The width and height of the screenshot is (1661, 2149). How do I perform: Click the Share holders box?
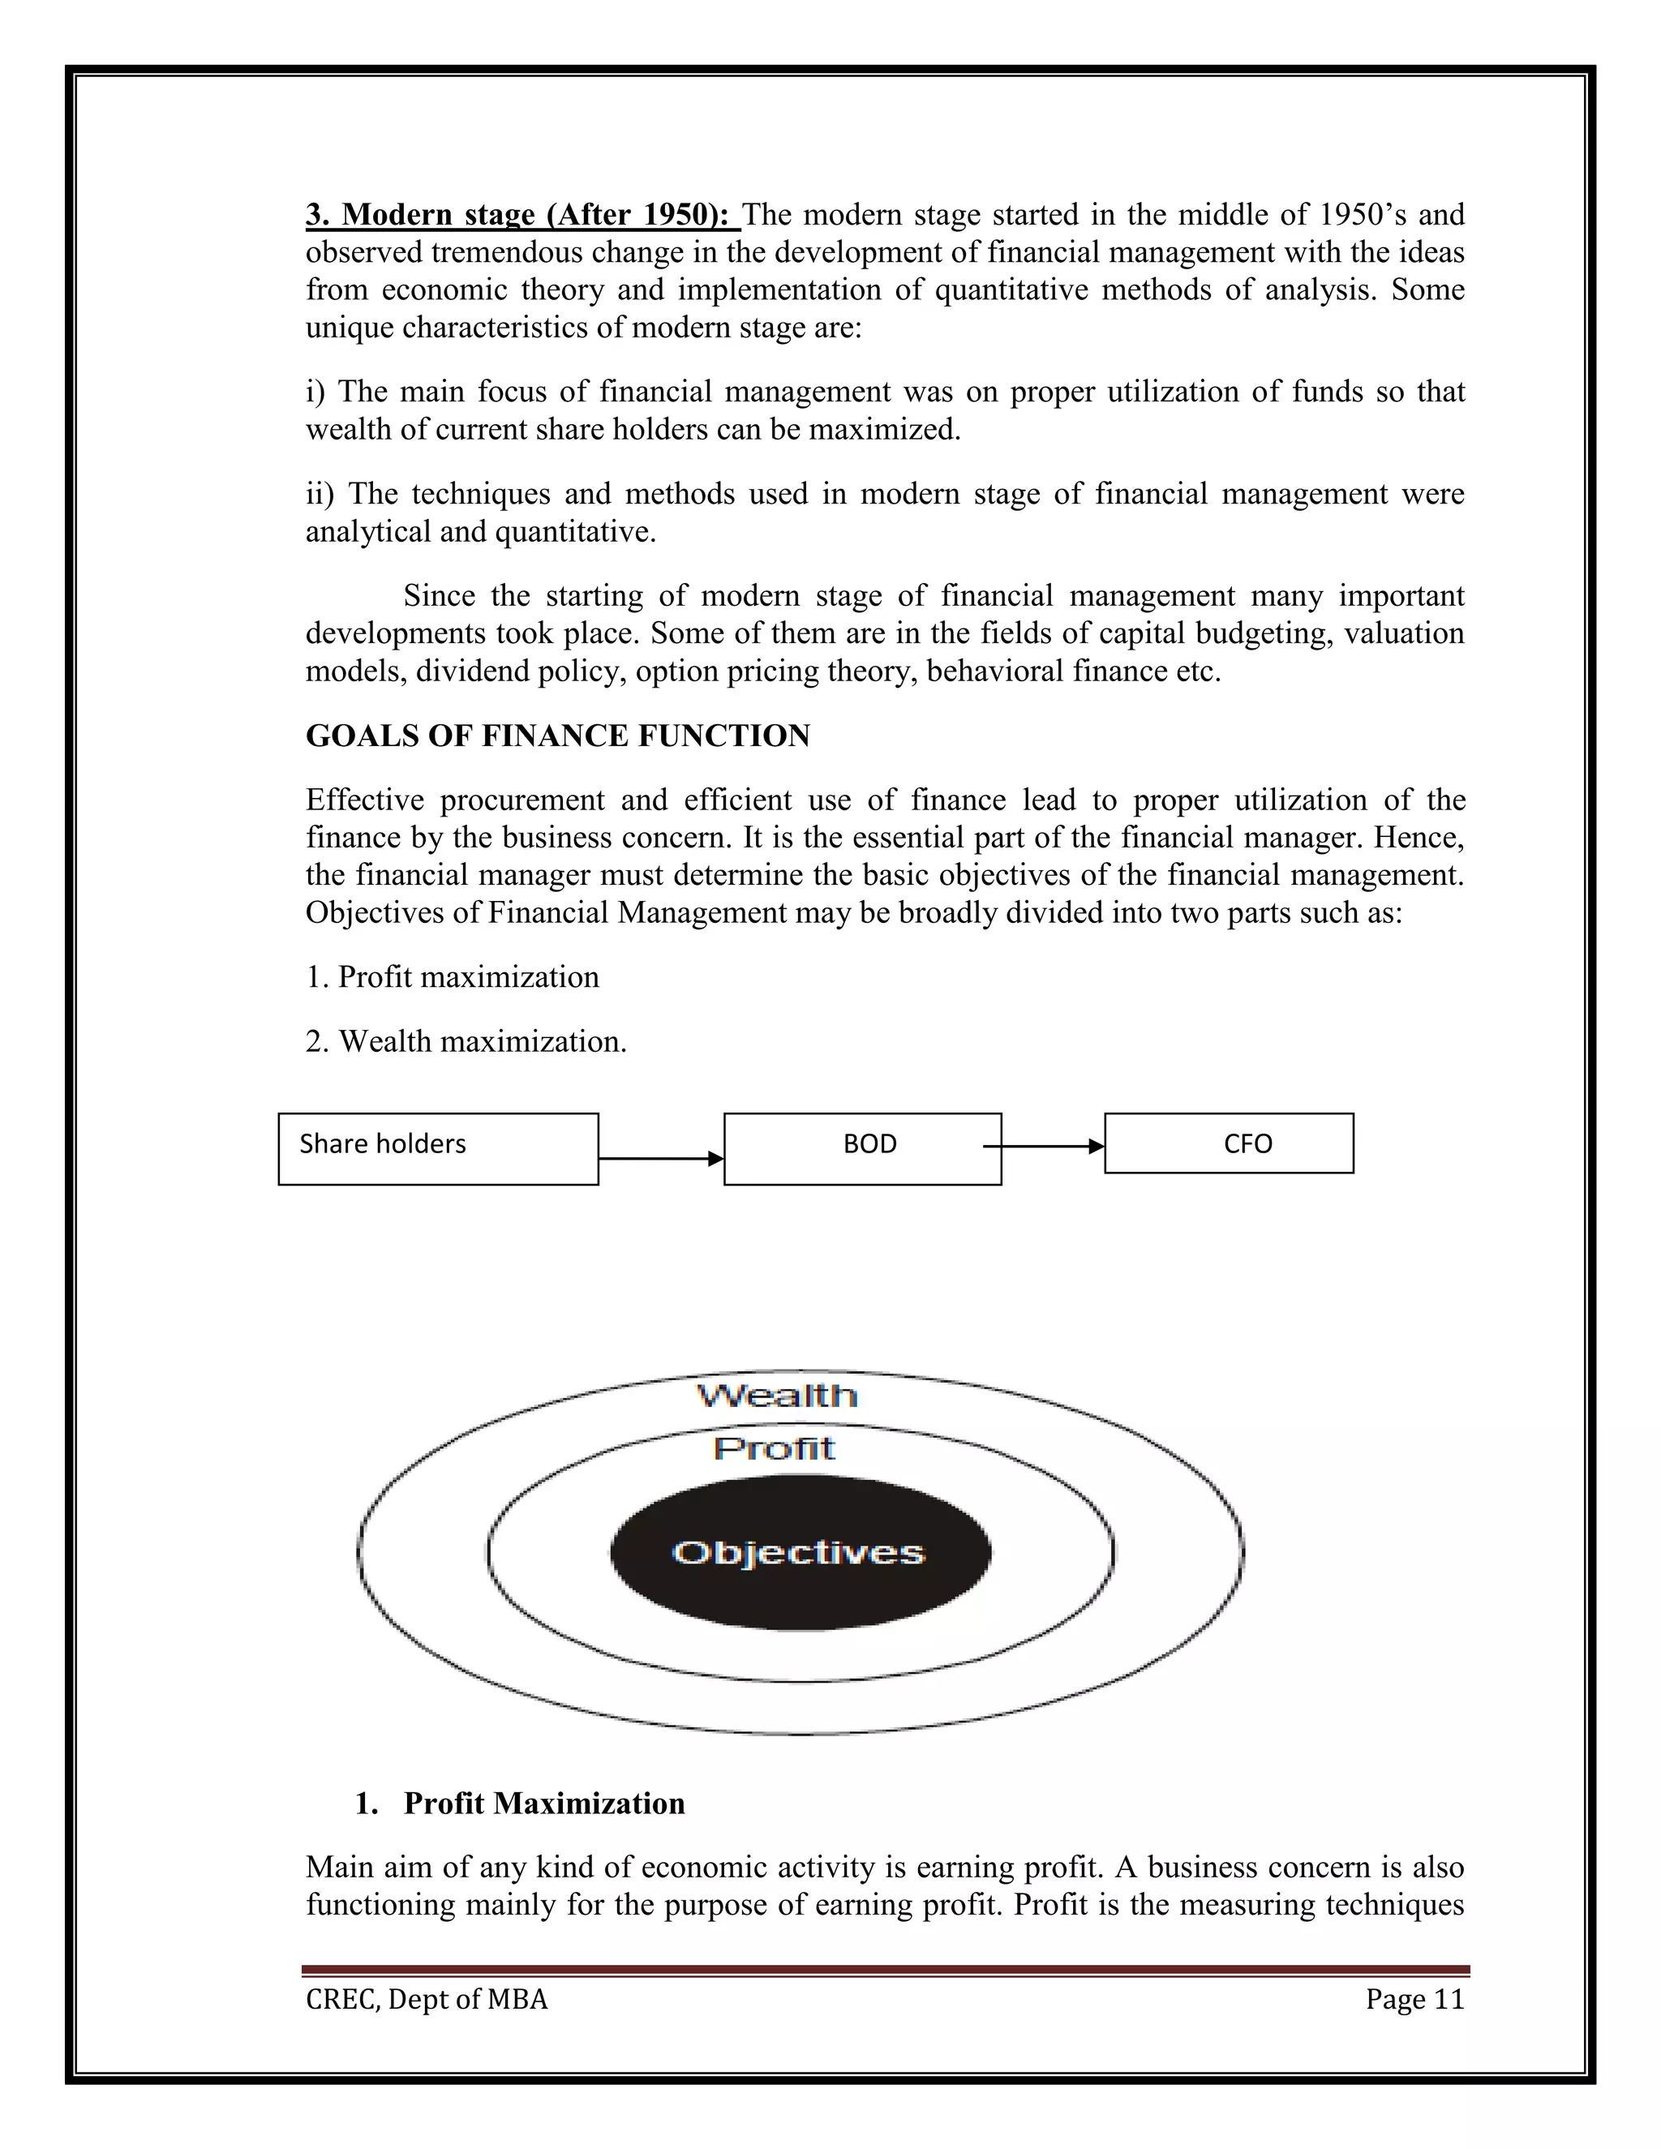(x=438, y=1148)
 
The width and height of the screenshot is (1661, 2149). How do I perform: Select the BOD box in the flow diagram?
(x=862, y=1148)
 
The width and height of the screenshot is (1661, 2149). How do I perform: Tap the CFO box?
(x=1228, y=1143)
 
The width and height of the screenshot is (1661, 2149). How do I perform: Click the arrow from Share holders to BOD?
(x=660, y=1158)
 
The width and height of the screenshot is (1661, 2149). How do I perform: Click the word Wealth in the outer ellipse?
(x=776, y=1396)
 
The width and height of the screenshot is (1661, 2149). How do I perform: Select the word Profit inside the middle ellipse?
(x=775, y=1448)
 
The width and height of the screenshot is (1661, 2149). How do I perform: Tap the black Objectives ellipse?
(x=799, y=1553)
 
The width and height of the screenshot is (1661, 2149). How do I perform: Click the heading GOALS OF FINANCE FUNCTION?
(x=557, y=736)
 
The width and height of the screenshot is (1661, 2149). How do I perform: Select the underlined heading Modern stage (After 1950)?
(x=521, y=215)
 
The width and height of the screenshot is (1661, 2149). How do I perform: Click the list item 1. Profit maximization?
(x=452, y=977)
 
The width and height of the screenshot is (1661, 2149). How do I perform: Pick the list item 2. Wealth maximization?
(x=466, y=1041)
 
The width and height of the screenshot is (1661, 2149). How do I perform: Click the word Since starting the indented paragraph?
(x=439, y=596)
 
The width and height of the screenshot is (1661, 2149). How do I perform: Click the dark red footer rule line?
(x=886, y=1971)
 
